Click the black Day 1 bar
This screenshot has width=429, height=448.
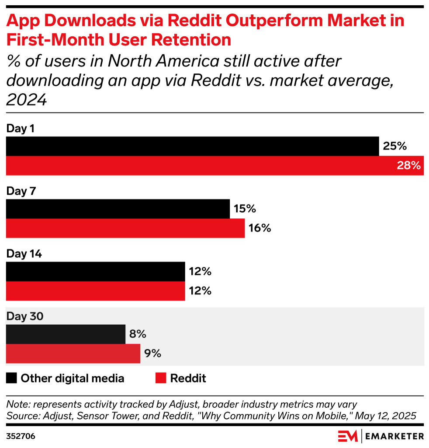tap(192, 146)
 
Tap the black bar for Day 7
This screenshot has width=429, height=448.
tap(118, 209)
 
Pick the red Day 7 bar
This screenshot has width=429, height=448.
tap(125, 228)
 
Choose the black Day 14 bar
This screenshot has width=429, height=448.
tap(95, 272)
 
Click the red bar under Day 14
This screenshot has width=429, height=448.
tap(95, 291)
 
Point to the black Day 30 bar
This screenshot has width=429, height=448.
tap(66, 334)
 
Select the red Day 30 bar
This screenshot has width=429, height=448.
tap(73, 353)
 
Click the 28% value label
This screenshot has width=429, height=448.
tap(408, 166)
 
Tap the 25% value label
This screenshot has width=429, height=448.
tap(394, 146)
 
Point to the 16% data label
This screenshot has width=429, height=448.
tap(260, 228)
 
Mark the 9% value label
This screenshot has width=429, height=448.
tap(153, 353)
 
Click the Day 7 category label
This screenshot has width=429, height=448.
tap(21, 191)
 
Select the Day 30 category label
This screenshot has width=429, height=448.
tap(24, 317)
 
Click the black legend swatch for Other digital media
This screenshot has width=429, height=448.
tap(11, 378)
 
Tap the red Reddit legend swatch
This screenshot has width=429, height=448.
tap(161, 378)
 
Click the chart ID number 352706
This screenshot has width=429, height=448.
tap(21, 436)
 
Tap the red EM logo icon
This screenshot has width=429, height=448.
tap(348, 436)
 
